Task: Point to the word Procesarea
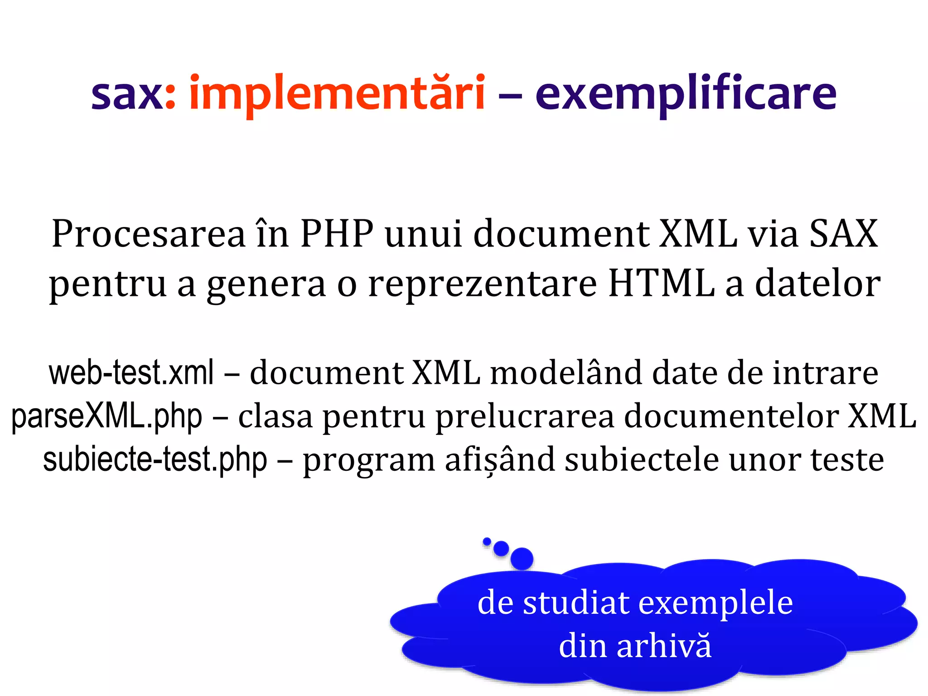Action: coord(148,234)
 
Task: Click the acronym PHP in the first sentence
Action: coord(337,234)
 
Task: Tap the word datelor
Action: coord(818,284)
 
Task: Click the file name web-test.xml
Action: coord(131,372)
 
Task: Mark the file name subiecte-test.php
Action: coord(155,459)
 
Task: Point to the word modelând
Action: coord(566,372)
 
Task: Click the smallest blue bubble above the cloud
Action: coord(487,541)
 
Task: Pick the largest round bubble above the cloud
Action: coord(522,558)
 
